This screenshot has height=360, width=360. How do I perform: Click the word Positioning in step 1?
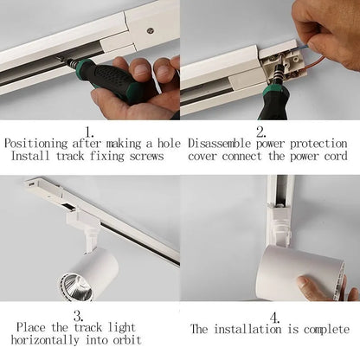[33, 143]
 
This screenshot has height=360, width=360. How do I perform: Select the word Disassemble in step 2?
[222, 143]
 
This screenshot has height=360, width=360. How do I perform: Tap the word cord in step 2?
[332, 157]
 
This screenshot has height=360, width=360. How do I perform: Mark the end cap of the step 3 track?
[33, 183]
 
